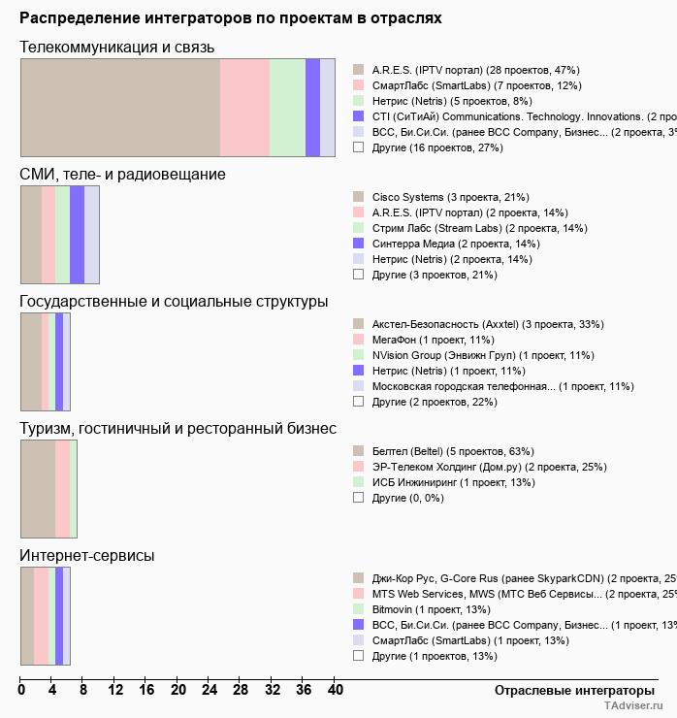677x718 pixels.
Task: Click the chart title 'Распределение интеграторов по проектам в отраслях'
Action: click(231, 17)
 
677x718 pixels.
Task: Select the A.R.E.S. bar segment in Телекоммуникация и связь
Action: click(120, 107)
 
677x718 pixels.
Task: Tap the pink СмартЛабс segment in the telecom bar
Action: click(244, 107)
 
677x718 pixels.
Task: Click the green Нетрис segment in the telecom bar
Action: click(287, 107)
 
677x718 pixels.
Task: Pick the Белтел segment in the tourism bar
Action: click(38, 488)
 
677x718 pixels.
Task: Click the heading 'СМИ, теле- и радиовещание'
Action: click(123, 174)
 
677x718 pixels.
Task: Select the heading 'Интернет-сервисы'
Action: click(87, 555)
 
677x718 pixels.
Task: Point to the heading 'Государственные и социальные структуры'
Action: click(174, 302)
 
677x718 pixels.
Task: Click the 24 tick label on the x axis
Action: click(210, 691)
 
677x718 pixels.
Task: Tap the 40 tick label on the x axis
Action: click(335, 691)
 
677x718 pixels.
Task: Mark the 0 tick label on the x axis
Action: click(21, 691)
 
